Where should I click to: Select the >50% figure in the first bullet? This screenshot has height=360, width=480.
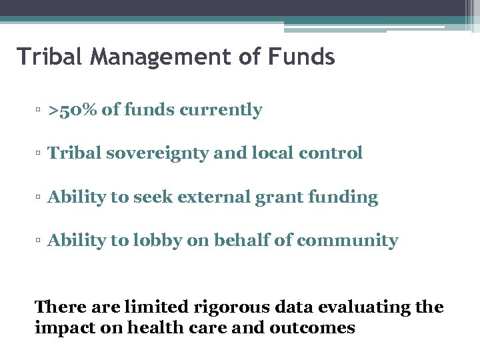(x=72, y=110)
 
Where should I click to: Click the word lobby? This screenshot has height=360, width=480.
(x=155, y=241)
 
